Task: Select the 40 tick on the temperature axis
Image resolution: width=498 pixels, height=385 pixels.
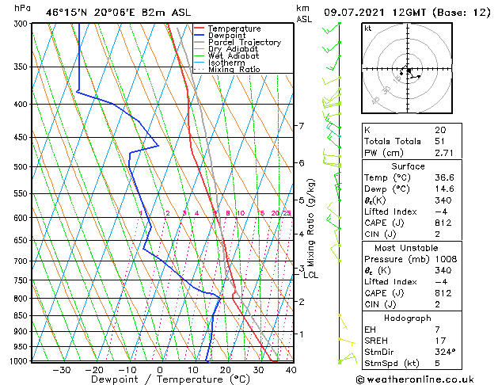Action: point(291,369)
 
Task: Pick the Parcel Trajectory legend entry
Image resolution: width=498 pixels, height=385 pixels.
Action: point(244,43)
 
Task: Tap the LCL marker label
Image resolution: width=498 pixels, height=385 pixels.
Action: point(310,275)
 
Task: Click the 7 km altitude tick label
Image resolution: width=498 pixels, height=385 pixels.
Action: point(301,126)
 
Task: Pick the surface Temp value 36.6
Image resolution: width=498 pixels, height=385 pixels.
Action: point(443,177)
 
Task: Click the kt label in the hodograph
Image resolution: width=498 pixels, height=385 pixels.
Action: point(368,28)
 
